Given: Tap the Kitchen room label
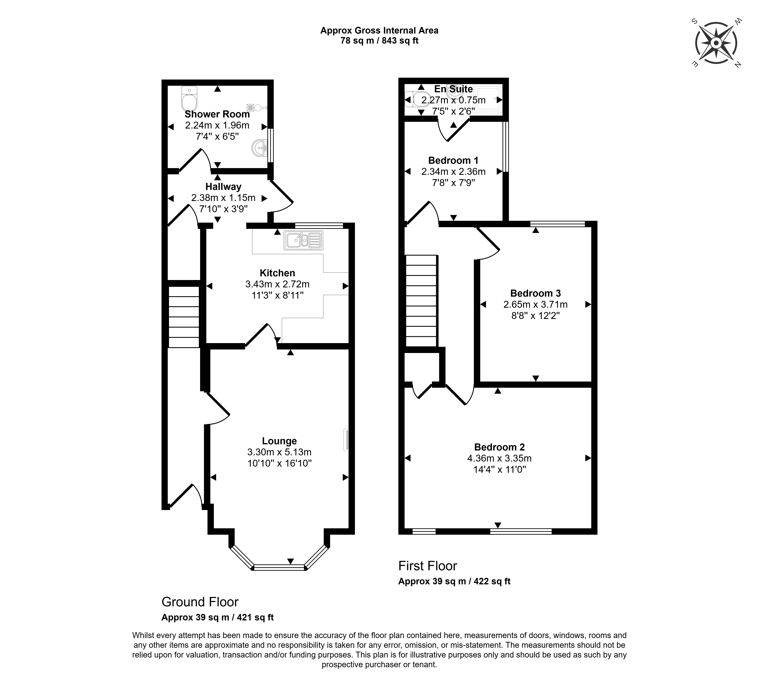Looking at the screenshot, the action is [277, 273].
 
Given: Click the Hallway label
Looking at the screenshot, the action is [223, 187].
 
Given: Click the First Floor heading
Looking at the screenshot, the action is [427, 566].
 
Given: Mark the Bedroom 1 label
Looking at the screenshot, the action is [453, 160].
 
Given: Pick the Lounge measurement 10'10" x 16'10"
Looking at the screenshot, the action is [279, 463].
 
